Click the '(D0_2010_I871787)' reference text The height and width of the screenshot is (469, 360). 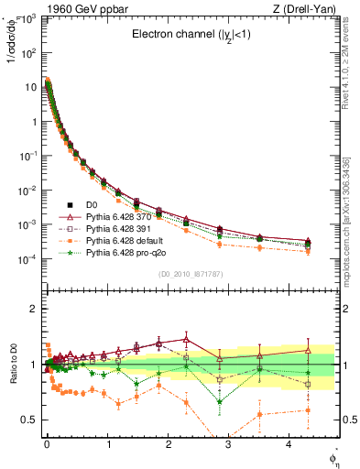(190, 274)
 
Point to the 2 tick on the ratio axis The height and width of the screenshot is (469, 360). (35, 309)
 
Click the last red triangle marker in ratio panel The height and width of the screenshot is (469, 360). (308, 350)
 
